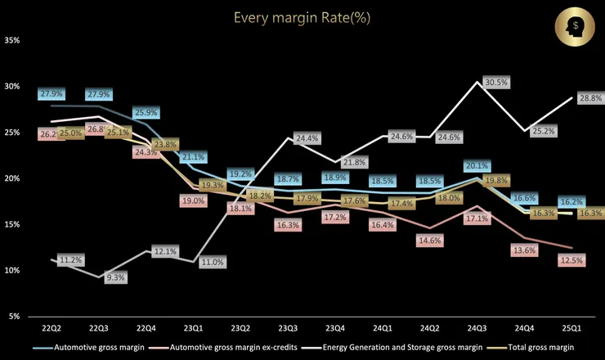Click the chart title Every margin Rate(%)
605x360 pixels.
pos(302,17)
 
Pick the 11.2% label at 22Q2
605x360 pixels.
pos(70,260)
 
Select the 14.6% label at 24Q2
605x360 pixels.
pos(428,241)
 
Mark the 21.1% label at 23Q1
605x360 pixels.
pos(194,157)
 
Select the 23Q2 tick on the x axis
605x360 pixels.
pos(240,328)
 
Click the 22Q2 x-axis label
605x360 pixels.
pos(53,328)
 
